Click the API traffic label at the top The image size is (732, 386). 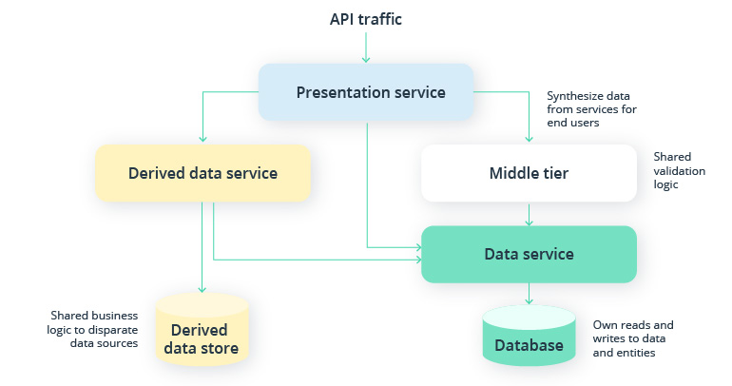367,19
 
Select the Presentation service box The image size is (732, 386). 367,92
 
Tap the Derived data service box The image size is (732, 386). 202,173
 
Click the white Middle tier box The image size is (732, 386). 529,173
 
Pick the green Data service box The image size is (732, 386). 529,254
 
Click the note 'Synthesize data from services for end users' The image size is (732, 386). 590,109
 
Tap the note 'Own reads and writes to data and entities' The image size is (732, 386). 634,338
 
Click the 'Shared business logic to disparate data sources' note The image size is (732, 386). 95,329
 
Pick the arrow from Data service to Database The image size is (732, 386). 529,293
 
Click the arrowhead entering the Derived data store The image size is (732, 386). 202,289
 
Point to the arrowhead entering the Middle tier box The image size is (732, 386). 529,140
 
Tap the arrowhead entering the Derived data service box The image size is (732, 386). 202,140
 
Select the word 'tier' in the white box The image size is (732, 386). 552,173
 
